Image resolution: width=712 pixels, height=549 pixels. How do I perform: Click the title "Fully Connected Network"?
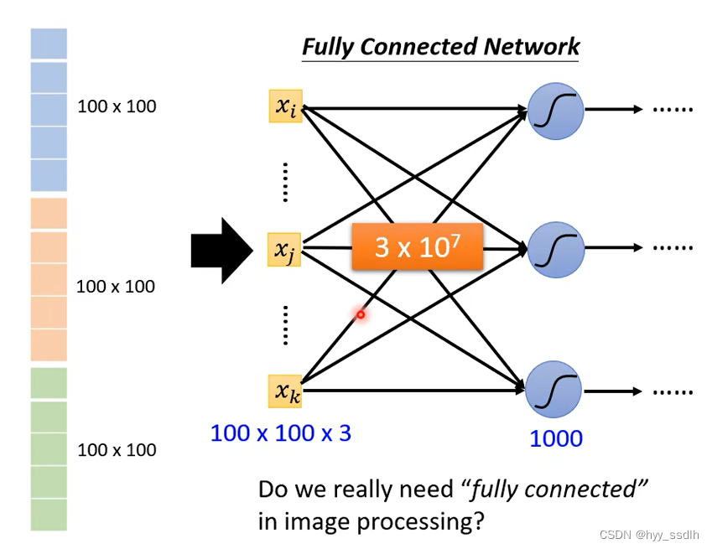pos(440,47)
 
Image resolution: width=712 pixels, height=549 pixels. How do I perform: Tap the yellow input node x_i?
pos(285,106)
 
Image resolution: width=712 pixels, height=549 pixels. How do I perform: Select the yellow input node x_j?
pos(284,249)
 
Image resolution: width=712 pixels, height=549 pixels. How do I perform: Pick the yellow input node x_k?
pos(285,391)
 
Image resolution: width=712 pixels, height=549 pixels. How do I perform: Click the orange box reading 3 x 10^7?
pos(417,246)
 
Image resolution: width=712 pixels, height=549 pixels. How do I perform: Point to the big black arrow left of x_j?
pos(221,250)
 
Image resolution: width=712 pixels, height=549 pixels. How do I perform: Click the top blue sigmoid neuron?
pos(554,110)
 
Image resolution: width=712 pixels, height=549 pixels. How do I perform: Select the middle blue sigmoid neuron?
pos(554,249)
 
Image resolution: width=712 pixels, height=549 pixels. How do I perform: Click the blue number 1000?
pos(556,438)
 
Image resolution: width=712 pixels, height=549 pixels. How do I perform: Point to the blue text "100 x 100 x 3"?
pos(280,433)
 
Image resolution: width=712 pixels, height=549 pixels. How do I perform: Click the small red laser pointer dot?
pos(361,315)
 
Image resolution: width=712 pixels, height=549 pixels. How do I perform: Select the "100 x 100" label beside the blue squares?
pos(117,106)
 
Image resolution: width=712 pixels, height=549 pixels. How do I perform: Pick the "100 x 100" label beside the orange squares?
pos(116,287)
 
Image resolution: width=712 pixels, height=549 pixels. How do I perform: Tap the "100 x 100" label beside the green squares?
pos(117,450)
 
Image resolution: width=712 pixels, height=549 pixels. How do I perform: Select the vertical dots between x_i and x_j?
pos(285,182)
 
